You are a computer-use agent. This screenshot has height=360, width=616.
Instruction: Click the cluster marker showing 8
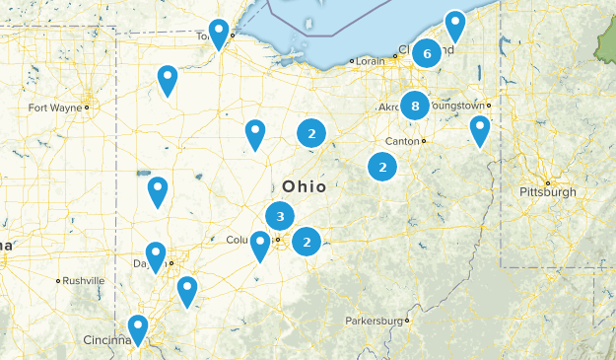tap(415, 105)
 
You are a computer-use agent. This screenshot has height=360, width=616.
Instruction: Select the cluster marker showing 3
tap(280, 216)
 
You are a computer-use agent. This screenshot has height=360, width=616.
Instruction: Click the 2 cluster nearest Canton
tap(382, 168)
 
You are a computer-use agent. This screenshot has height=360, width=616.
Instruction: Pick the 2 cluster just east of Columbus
tap(308, 240)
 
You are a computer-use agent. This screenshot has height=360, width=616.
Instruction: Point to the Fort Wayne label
tap(54, 107)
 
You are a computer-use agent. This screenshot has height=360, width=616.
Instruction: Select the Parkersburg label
tap(375, 322)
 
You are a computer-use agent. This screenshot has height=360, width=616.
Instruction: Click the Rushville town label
tap(84, 281)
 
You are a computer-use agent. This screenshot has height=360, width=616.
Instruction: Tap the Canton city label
tap(402, 141)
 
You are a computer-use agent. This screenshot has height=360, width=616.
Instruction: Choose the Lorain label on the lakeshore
tap(369, 61)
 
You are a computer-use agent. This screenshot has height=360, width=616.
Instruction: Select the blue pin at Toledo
tap(219, 33)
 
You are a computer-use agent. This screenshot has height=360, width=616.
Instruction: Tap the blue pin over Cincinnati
tap(138, 328)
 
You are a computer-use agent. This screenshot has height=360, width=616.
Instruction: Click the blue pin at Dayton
tap(156, 255)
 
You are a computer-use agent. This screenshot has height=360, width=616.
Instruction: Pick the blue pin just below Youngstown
tap(479, 129)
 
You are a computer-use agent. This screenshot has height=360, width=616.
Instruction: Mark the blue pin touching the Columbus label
tap(260, 245)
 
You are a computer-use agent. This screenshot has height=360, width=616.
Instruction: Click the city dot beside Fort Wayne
tap(87, 107)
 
